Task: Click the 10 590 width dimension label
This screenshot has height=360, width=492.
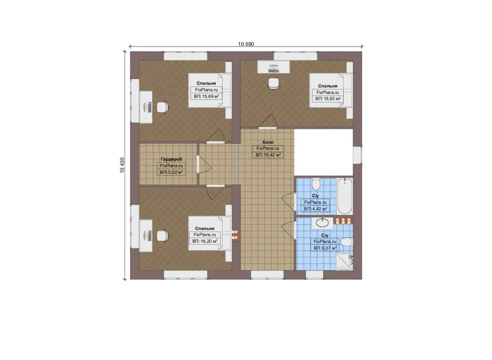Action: [x=246, y=44]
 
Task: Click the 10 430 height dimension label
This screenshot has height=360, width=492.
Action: [x=122, y=165]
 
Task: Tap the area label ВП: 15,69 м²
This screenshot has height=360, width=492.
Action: [x=206, y=97]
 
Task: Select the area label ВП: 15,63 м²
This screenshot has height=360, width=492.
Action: [x=328, y=99]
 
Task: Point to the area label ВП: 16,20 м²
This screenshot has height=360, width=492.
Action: [x=205, y=241]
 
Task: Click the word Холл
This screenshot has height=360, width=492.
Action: [x=268, y=142]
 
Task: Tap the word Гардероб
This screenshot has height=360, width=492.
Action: [x=171, y=160]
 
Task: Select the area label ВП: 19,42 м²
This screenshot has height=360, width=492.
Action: [x=268, y=155]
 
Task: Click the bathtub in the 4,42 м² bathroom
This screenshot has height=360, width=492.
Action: [x=345, y=196]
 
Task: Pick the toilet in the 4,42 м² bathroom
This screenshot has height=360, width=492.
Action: [x=315, y=185]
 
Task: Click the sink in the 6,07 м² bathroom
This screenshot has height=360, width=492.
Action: [x=322, y=223]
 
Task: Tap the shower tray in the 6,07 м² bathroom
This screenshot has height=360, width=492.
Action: [x=344, y=262]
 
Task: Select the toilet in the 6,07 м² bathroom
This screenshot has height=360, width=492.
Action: [x=347, y=242]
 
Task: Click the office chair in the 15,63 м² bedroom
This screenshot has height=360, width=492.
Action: [x=273, y=84]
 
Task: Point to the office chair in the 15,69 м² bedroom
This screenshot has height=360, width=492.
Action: [x=162, y=107]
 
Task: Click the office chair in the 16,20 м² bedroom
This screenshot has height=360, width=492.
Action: [x=162, y=237]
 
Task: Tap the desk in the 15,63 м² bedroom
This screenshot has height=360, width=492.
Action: [x=273, y=67]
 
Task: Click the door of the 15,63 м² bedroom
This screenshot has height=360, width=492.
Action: [x=268, y=122]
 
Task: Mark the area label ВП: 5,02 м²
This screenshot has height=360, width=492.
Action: [x=171, y=173]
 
